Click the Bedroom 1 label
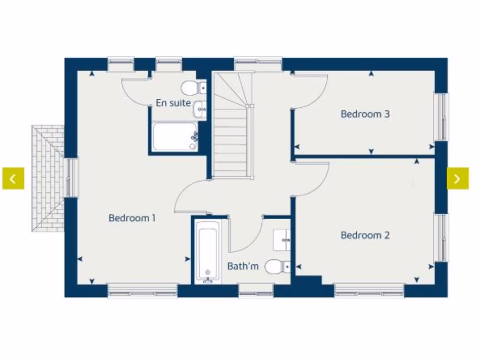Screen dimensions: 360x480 click(132, 218)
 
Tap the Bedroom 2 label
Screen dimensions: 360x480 click(365, 235)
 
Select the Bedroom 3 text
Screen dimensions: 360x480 click(365, 114)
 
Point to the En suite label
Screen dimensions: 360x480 click(173, 103)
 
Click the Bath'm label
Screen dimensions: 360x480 click(243, 266)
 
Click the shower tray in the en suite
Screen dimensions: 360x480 click(174, 137)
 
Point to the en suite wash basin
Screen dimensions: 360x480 click(200, 108)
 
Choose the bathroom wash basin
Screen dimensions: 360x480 click(283, 240)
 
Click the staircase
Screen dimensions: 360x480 click(230, 136)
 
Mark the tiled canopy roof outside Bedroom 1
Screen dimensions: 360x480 click(48, 178)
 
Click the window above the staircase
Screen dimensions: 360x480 click(257, 64)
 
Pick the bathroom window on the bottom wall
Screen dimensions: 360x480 click(256, 293)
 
